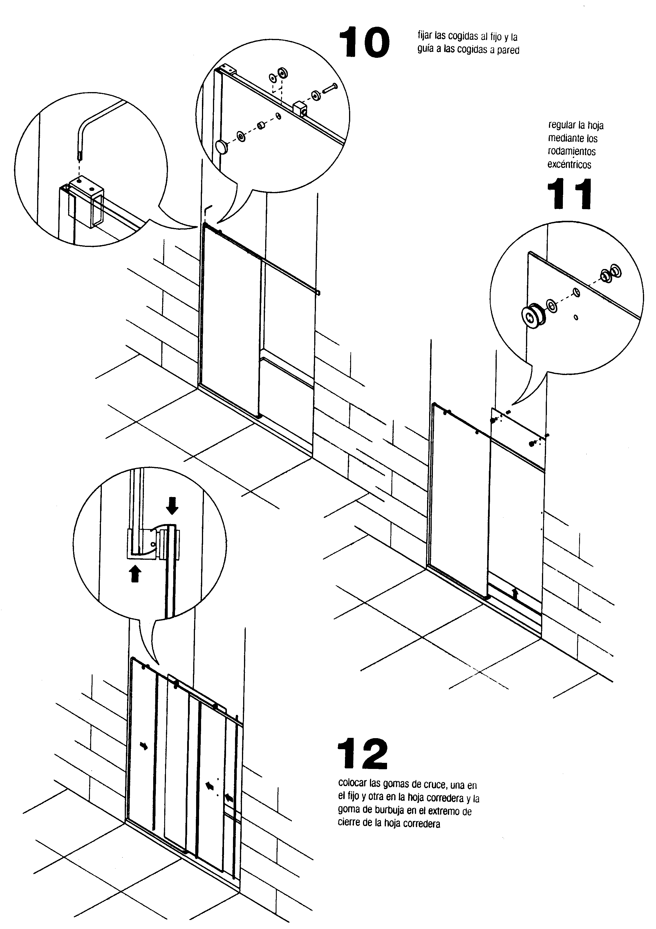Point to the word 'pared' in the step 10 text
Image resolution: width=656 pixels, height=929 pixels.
click(509, 50)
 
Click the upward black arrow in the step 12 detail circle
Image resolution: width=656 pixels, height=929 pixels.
click(135, 574)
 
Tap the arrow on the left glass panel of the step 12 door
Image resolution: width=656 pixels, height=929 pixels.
click(144, 746)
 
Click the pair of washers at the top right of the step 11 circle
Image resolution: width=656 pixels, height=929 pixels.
click(610, 274)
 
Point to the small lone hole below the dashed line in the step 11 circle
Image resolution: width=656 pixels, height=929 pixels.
click(576, 317)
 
